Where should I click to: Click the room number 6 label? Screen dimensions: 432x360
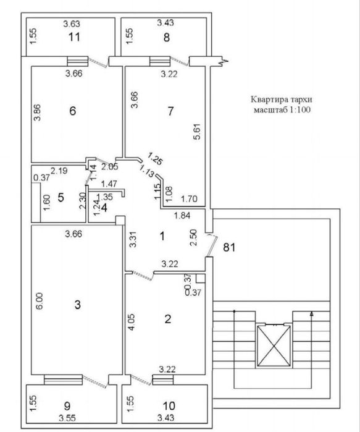click(72, 112)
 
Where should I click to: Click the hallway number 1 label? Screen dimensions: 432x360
click(162, 235)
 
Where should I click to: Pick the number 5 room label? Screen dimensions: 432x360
click(61, 198)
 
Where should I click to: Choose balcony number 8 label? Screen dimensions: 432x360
click(166, 36)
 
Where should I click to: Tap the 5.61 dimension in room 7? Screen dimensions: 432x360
click(196, 132)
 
